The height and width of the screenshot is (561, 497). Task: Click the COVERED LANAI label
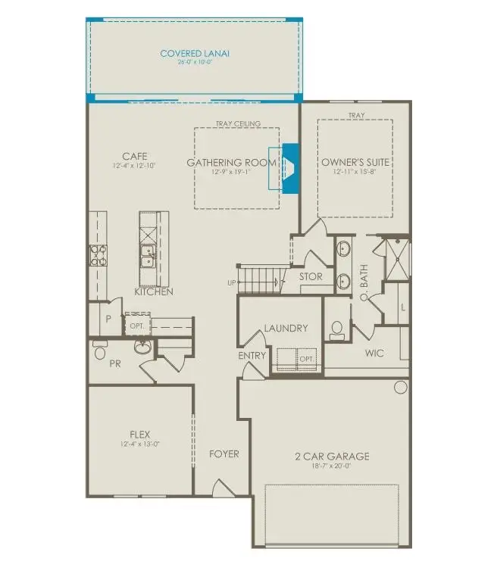tap(195, 54)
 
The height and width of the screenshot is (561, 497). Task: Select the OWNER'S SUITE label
tap(355, 162)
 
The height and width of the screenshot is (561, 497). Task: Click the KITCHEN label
tap(154, 291)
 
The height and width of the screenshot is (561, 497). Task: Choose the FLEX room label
tap(139, 435)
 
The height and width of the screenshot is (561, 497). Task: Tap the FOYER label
tap(223, 453)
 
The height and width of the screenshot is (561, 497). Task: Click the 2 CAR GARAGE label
tap(332, 456)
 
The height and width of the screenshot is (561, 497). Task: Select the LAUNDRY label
tap(286, 328)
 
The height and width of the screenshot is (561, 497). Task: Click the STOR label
tap(311, 277)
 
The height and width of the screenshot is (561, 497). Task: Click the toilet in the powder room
tap(99, 352)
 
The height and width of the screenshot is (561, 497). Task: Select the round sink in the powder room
tap(142, 347)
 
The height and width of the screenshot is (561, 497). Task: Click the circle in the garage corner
tap(400, 387)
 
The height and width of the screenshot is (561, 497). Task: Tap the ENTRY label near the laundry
tap(252, 355)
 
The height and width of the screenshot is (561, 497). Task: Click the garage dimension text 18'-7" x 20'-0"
tap(332, 466)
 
